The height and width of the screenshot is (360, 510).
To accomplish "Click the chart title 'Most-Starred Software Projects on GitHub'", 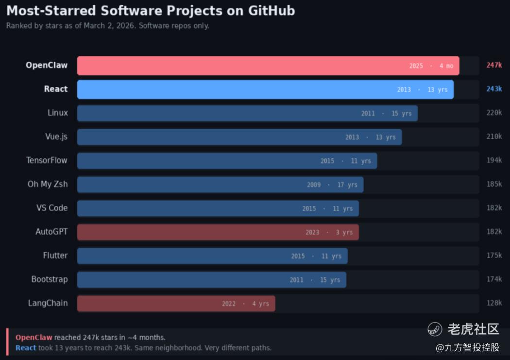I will [x=150, y=11].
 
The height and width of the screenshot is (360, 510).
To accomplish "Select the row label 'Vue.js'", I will [x=56, y=137].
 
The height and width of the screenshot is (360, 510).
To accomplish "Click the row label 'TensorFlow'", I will [x=47, y=160].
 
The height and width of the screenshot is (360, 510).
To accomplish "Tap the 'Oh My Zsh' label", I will [x=48, y=184].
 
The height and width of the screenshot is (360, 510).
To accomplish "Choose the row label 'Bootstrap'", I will [x=50, y=279].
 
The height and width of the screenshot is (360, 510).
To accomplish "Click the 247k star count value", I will [x=494, y=65].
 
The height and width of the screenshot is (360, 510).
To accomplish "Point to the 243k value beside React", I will [x=494, y=89].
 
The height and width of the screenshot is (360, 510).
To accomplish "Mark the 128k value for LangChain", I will [x=494, y=303].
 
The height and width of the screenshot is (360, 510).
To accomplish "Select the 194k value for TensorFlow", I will [x=494, y=160].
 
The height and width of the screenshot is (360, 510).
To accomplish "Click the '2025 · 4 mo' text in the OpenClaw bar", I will [x=431, y=66].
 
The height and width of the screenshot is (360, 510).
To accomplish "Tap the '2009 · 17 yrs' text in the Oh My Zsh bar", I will [x=332, y=185].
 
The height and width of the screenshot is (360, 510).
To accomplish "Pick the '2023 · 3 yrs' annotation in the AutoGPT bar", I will [x=329, y=232].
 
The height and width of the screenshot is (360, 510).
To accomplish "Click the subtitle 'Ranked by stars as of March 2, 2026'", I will [x=107, y=26].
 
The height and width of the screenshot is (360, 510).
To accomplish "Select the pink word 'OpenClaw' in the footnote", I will [x=34, y=337].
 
